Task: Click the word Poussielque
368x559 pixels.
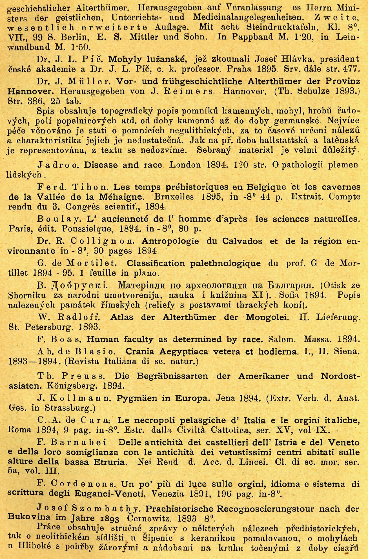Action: [87, 229]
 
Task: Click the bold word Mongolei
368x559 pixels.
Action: [267, 317]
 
